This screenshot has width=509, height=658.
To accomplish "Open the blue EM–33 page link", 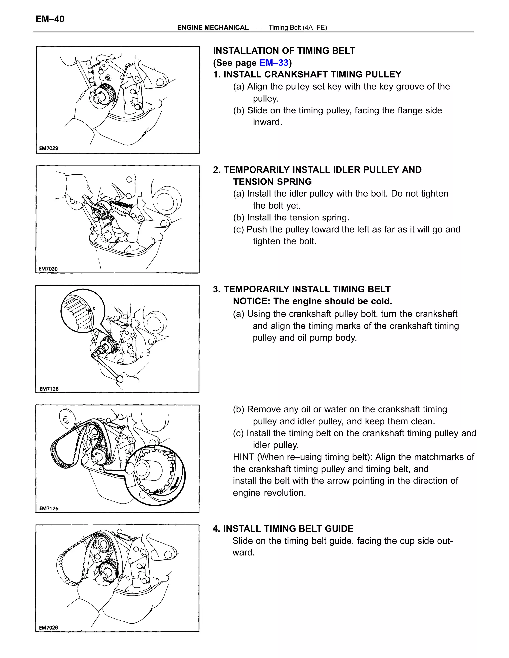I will tap(274, 63).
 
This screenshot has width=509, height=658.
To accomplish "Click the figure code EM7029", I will tap(48, 148).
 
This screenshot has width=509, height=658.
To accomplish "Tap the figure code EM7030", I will tap(48, 269).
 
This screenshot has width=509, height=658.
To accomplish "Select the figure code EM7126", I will tap(49, 389).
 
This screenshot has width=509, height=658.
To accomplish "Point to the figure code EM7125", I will tap(49, 508).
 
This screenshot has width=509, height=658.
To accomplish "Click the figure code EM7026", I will tap(48, 627).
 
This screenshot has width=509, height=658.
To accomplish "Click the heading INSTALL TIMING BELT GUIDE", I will tap(288, 529).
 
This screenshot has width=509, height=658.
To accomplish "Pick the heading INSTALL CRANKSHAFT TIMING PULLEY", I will tap(312, 74).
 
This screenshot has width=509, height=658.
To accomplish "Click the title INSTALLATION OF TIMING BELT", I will tap(284, 51).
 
